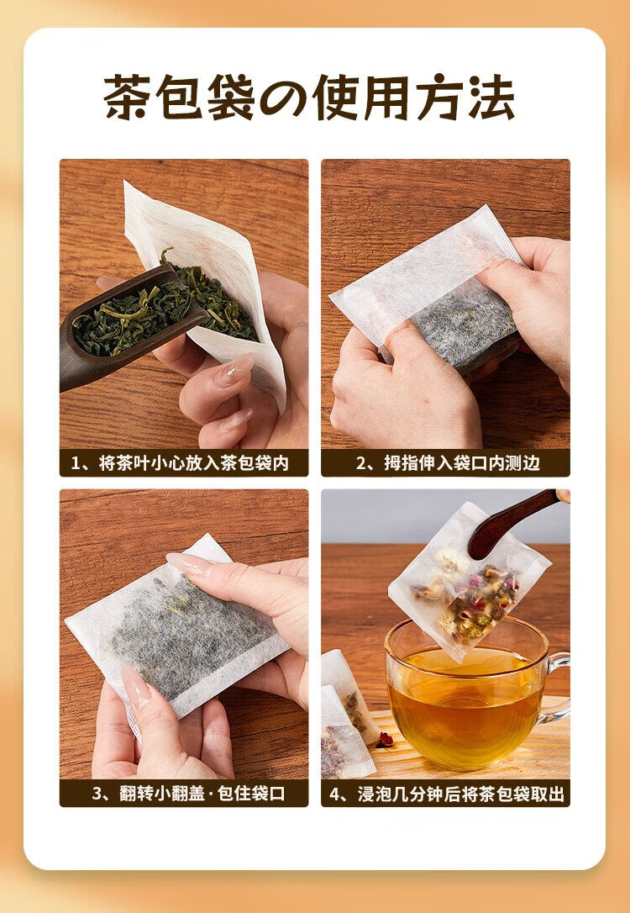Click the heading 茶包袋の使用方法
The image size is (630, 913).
tap(309, 98)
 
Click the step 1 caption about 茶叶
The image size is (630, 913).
tap(180, 463)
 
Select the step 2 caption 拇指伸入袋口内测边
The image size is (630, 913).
tap(448, 463)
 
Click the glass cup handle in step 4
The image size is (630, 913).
tap(557, 687)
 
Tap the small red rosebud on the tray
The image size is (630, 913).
tap(384, 740)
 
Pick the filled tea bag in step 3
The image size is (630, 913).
tap(177, 631)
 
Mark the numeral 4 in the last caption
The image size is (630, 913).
tap(334, 794)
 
